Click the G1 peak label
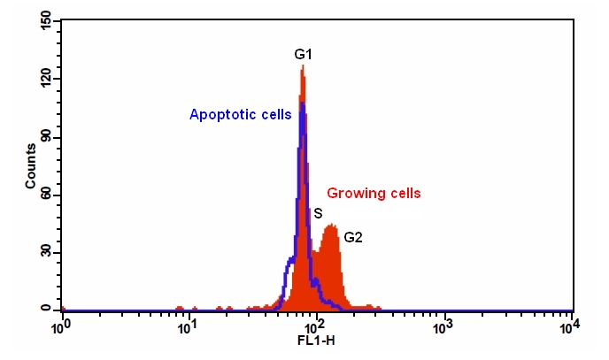(x=304, y=55)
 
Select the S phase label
(x=317, y=213)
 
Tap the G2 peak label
(x=354, y=237)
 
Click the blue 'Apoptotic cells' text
(x=241, y=114)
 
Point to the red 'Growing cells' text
(x=374, y=192)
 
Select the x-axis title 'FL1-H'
(x=316, y=340)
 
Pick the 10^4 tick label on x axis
(x=571, y=326)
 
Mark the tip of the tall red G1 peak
(x=303, y=66)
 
